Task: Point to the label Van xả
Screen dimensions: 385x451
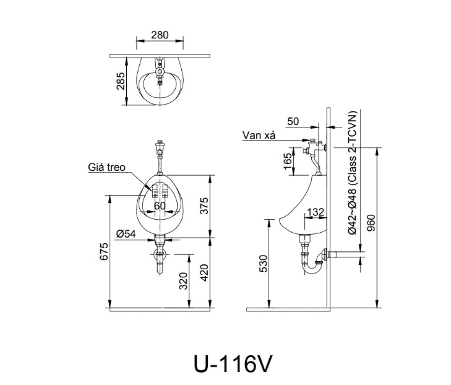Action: click(259, 136)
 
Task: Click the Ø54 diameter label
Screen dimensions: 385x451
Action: click(126, 233)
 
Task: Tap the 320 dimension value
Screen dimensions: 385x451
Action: click(183, 281)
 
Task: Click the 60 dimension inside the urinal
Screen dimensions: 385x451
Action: click(160, 206)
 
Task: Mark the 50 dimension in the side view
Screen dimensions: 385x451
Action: click(293, 121)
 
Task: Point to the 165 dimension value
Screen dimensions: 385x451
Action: click(287, 161)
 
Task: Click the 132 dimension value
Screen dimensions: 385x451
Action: click(316, 212)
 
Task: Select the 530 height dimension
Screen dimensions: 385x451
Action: click(262, 264)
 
